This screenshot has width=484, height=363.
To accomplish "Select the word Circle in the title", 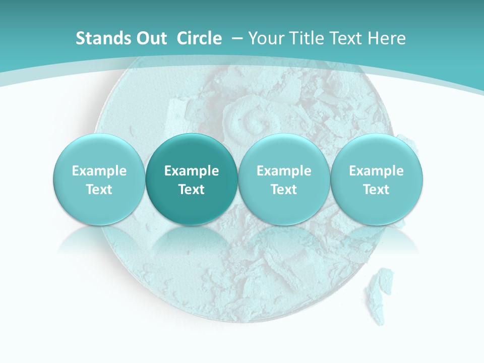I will [199, 38].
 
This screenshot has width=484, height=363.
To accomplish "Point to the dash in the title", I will [237, 38].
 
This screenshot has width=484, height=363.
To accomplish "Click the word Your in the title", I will [266, 38].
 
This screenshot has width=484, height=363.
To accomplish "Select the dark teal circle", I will [192, 179].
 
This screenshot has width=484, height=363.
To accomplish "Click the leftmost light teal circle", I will [99, 179].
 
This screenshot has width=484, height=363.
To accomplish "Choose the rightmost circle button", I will [377, 179].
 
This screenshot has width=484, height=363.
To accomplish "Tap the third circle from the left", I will [284, 179].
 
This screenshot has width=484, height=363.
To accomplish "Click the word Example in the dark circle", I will [192, 171].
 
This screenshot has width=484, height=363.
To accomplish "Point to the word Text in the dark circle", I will [192, 190].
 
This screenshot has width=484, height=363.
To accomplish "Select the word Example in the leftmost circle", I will [99, 171].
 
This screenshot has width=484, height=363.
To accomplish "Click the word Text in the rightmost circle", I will [377, 190].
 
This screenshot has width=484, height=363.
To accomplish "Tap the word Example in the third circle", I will [284, 171].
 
